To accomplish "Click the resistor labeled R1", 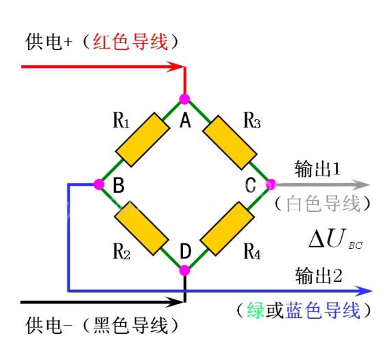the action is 143,140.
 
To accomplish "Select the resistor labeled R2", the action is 141,228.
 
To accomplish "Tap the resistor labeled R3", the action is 230,143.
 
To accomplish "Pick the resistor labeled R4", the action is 228,229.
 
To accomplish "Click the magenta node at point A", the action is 185,99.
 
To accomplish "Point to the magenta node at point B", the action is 99,184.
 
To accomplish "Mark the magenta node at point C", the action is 271,184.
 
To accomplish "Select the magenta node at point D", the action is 185,270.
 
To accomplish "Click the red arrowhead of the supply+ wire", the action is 176,67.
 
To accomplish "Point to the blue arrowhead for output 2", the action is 364,291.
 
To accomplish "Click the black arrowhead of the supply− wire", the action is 176,302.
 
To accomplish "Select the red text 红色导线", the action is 130,42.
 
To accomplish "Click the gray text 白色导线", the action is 323,204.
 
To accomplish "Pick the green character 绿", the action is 256,310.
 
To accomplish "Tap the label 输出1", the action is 317,169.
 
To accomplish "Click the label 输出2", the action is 319,276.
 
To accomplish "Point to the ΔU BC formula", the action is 336,239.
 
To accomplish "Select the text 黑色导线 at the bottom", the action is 130,326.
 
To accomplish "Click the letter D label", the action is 186,252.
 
